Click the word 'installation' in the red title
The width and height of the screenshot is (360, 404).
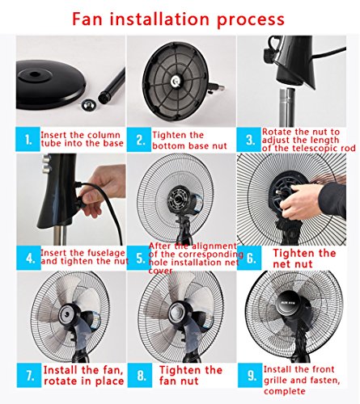pos(159,19)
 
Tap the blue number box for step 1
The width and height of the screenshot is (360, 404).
pos(28,139)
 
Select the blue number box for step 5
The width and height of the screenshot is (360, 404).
pos(139,258)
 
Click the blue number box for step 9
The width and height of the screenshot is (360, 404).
pos(250,375)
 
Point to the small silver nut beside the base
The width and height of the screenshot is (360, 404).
pos(88,104)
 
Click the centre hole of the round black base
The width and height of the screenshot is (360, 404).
pos(35,74)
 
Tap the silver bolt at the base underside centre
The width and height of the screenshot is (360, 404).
pos(176,80)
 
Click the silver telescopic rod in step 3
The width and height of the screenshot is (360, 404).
pos(286,107)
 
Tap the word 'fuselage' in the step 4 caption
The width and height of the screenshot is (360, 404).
pos(104,253)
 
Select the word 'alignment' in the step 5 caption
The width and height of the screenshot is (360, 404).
pos(214,246)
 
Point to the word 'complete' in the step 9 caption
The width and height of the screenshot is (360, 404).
pos(285,391)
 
